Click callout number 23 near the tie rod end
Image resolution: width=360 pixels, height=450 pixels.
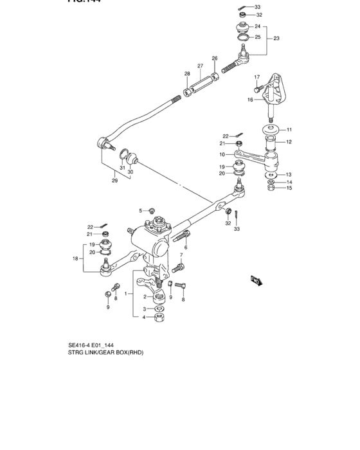tap(276, 39)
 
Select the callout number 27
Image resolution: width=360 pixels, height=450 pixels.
tap(201, 66)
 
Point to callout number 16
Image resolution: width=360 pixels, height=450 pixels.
tap(251, 100)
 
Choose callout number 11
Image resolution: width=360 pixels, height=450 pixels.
tap(289, 129)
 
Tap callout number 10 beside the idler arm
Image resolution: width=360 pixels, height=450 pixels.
tap(222, 154)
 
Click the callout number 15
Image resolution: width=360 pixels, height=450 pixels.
tap(289, 188)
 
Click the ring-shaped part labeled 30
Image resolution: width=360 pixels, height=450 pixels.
tap(130, 158)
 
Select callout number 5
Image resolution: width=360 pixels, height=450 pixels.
tap(140, 210)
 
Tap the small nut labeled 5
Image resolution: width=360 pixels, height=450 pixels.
tap(152, 210)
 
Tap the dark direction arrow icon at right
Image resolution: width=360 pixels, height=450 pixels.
tap(255, 280)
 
